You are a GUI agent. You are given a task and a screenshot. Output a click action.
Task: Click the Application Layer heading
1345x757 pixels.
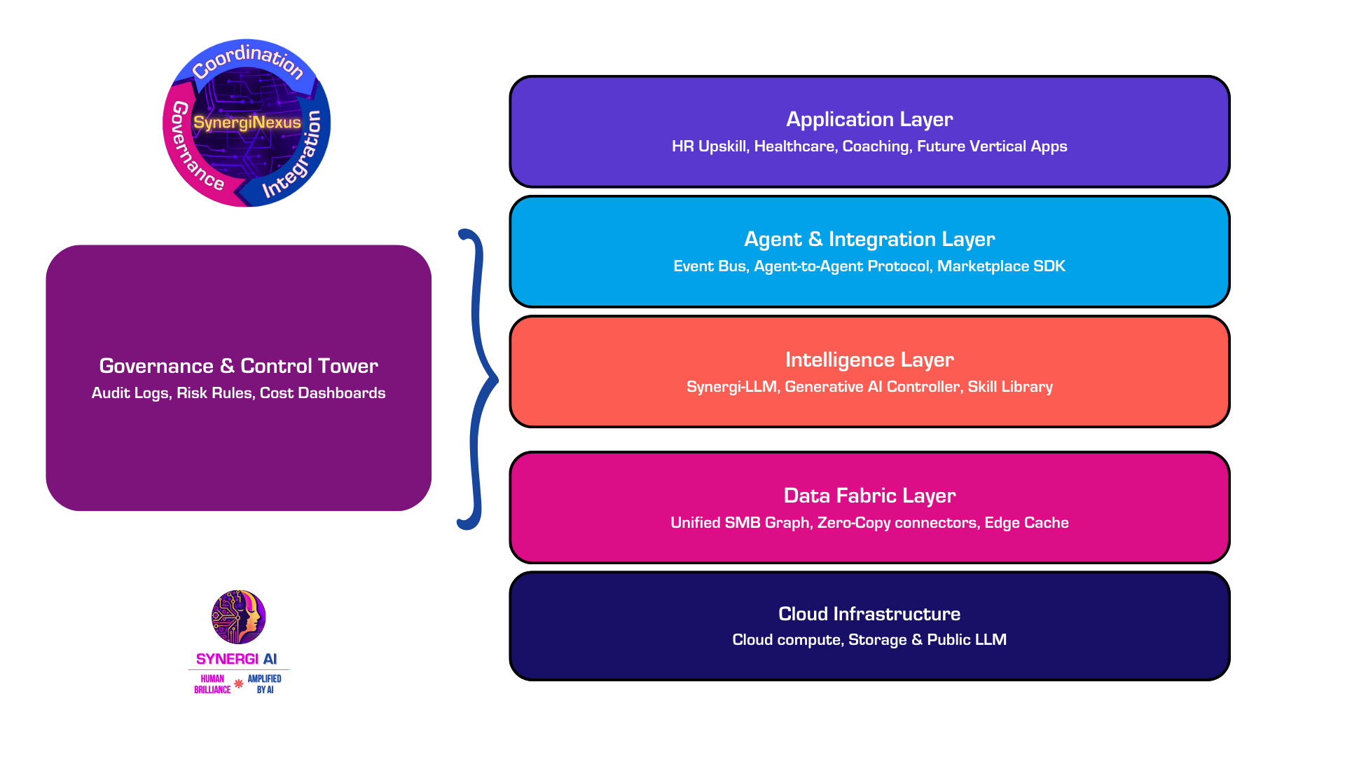coord(869,119)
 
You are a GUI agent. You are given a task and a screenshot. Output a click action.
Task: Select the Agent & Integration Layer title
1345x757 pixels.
coord(869,239)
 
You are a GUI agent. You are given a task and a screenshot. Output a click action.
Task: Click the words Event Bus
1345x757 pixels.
coord(709,266)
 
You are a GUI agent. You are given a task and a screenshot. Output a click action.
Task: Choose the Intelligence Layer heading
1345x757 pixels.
coord(869,360)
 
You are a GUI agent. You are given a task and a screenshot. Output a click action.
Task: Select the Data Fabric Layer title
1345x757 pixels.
coord(869,496)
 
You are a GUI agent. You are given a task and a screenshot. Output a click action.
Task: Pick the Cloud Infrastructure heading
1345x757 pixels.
coord(869,614)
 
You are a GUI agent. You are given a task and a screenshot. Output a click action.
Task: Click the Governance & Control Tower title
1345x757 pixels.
coord(238,366)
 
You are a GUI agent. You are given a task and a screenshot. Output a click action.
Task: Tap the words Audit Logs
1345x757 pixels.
coord(130,393)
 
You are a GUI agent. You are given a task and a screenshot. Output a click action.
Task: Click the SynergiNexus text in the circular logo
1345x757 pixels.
coord(247,123)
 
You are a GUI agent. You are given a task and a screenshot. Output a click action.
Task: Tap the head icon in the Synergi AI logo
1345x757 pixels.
coord(239,617)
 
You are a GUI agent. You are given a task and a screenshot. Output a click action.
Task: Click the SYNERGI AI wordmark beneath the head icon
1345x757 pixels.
coord(237,660)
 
